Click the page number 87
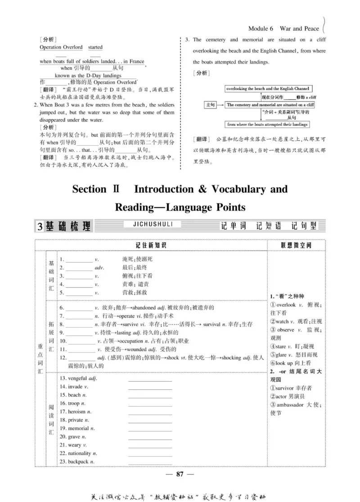[x=180, y=474]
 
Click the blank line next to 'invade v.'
[x=150, y=387]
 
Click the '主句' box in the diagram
[x=210, y=105]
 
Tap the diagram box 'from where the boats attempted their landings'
[x=268, y=124]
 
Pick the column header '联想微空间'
[x=296, y=245]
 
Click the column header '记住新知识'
[x=151, y=245]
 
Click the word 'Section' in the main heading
[x=90, y=189]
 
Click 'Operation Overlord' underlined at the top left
[x=61, y=47]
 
